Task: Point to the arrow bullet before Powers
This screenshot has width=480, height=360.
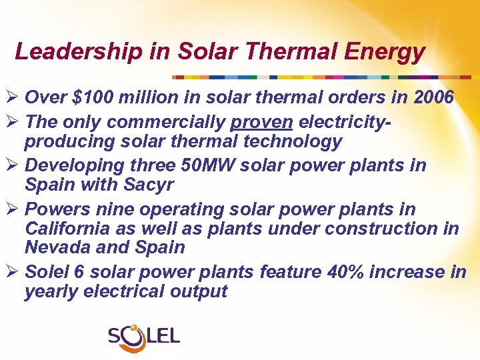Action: click(x=11, y=209)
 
